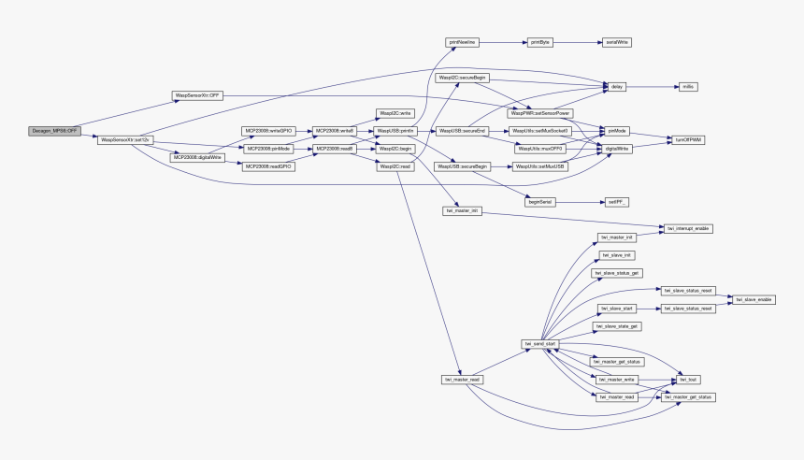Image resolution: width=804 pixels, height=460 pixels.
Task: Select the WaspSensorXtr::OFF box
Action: pyautogui.click(x=196, y=95)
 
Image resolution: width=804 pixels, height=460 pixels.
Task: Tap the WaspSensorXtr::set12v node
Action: pyautogui.click(x=125, y=139)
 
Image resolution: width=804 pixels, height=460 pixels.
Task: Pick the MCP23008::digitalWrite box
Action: pyautogui.click(x=197, y=157)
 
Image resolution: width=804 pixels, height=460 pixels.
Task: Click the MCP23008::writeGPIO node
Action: pyautogui.click(x=268, y=131)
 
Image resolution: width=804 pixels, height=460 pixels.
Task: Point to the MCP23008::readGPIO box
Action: pyautogui.click(x=268, y=165)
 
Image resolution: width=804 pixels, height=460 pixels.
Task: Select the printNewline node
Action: pyautogui.click(x=462, y=42)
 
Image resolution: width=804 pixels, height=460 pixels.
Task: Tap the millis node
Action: pyautogui.click(x=685, y=86)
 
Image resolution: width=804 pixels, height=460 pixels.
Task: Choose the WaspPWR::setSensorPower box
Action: pyautogui.click(x=539, y=112)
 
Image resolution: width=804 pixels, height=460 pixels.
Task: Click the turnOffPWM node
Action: pyautogui.click(x=689, y=139)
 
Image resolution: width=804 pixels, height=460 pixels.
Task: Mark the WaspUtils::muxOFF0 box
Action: pyautogui.click(x=539, y=148)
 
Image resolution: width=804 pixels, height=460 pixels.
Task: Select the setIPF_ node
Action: pyautogui.click(x=616, y=201)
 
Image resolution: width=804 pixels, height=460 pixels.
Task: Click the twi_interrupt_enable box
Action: pyautogui.click(x=689, y=227)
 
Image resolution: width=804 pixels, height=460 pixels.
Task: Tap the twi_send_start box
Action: pyautogui.click(x=539, y=343)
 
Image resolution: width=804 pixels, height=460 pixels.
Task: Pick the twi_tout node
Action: pyautogui.click(x=688, y=379)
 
